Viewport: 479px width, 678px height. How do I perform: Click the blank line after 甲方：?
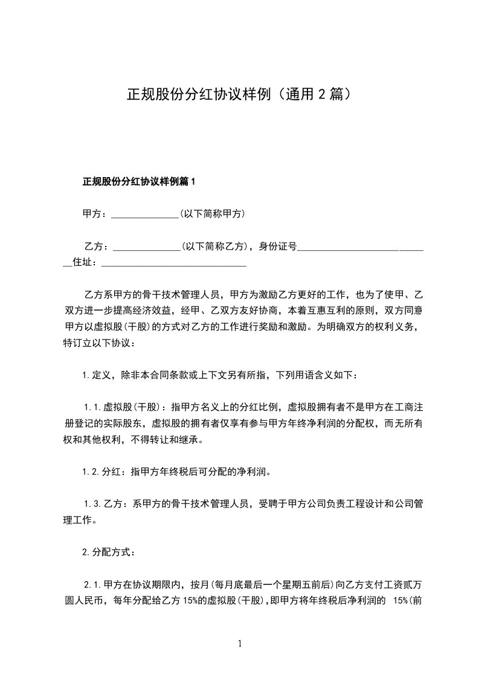point(144,215)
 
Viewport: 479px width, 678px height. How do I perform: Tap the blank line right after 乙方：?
point(146,247)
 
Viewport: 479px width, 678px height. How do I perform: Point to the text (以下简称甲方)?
point(212,214)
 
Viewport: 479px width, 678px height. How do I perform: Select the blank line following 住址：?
point(175,263)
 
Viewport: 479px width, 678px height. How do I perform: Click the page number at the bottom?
point(240,644)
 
